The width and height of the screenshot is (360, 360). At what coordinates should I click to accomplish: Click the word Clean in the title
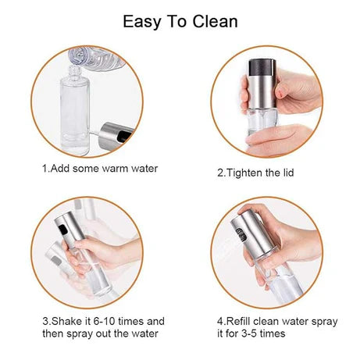[213, 21]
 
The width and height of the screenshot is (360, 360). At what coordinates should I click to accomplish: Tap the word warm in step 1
[118, 168]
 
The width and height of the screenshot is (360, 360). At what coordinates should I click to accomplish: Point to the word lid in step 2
[290, 173]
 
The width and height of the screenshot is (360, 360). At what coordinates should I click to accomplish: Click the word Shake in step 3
[66, 321]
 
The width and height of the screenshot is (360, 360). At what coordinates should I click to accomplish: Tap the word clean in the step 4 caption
[273, 321]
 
